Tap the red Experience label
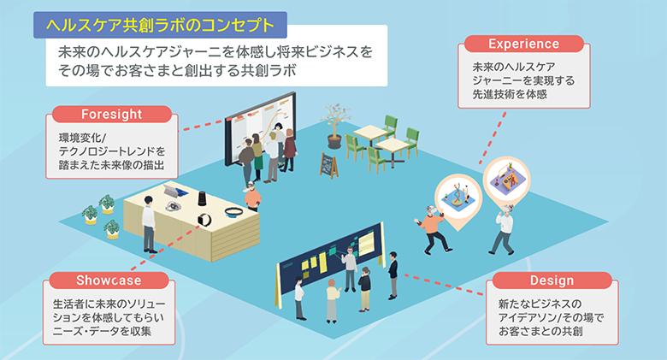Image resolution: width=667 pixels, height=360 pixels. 523,44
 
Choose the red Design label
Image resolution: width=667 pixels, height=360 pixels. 552,281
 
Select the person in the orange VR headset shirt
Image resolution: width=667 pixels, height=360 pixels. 431,227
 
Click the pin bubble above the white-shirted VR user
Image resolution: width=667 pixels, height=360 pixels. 505,178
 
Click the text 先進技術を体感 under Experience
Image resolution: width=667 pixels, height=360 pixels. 509,95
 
